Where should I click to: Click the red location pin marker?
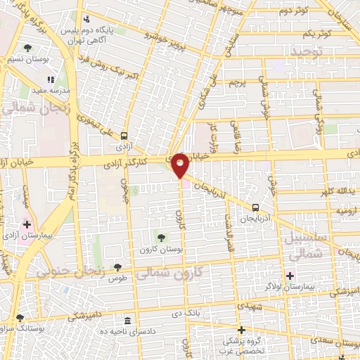click(181, 164)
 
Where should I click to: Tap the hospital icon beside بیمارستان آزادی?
click(27, 226)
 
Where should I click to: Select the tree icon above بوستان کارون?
click(162, 238)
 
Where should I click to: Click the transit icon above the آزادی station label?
click(124, 136)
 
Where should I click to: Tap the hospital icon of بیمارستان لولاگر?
click(290, 275)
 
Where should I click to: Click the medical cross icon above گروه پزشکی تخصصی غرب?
click(240, 330)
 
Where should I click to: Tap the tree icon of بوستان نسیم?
click(27, 49)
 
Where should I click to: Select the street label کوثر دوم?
click(293, 12)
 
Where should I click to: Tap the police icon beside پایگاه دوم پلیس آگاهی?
click(86, 19)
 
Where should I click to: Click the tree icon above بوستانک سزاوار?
click(20, 318)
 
